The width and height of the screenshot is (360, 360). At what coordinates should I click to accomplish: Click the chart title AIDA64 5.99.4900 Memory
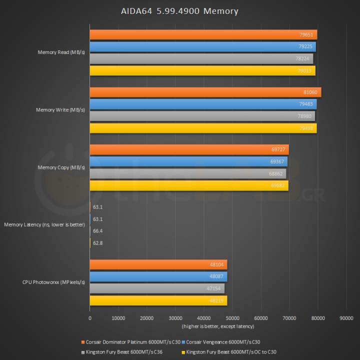click(179, 10)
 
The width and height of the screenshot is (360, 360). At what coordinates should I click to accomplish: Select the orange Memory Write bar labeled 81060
click(205, 92)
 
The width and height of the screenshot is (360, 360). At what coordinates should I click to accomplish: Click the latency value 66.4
click(97, 231)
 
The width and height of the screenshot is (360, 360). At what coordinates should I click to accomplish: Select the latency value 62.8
click(97, 243)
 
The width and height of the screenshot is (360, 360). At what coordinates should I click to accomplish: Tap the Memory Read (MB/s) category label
click(61, 52)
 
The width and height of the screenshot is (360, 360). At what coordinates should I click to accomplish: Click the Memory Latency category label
click(44, 225)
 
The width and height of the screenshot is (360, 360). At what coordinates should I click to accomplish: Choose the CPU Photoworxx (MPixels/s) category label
click(53, 282)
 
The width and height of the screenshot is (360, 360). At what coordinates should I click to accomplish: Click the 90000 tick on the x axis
click(346, 317)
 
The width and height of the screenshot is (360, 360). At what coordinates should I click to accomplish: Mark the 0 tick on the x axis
click(90, 317)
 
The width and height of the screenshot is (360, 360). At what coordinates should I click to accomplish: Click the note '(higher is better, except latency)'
click(218, 326)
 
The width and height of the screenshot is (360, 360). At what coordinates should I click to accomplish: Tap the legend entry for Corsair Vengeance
click(222, 342)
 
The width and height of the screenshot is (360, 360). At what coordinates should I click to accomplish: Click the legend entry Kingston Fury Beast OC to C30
click(231, 351)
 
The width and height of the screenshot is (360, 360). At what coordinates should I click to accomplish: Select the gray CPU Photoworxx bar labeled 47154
click(157, 288)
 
